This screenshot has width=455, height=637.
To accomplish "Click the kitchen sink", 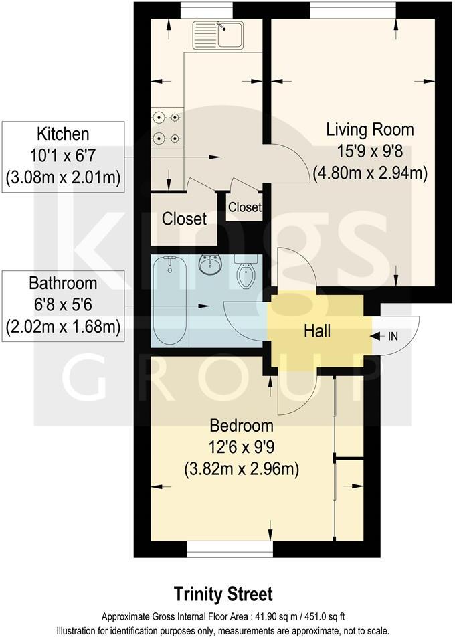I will tap(219, 31).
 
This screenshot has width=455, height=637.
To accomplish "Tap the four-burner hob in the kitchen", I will tap(167, 128).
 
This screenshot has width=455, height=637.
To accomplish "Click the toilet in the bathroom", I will tap(246, 272).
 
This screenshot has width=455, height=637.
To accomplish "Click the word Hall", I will tap(317, 331).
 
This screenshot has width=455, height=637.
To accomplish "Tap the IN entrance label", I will tap(392, 336).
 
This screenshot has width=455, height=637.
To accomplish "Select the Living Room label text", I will tap(369, 129).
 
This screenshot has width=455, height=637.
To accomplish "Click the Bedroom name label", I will tap(242, 426).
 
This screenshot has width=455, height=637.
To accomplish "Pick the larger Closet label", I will tap(184, 219).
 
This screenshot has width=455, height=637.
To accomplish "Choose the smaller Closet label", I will tap(244, 207).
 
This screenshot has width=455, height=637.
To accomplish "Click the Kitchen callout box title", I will tap(63, 133).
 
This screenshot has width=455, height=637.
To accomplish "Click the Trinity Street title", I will tap(223, 594).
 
